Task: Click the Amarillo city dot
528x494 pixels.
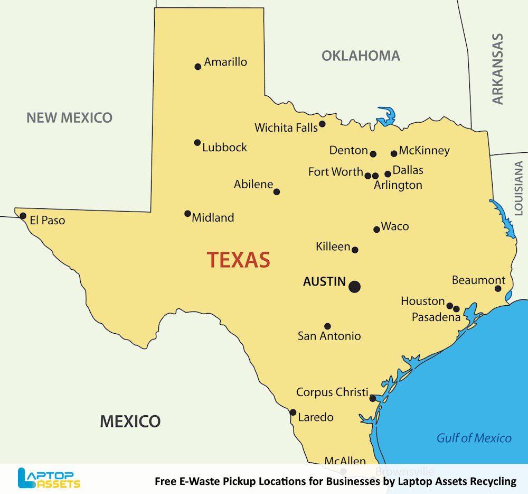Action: click(198, 67)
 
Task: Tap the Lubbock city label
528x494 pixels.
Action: click(224, 148)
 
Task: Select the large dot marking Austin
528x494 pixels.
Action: click(354, 287)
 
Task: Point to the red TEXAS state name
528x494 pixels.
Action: click(238, 260)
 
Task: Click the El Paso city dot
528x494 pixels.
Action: click(23, 216)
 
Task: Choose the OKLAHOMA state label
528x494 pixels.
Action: click(361, 56)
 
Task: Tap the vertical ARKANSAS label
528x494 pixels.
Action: click(497, 69)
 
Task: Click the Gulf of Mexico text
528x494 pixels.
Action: click(474, 438)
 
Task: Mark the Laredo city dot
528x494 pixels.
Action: click(293, 413)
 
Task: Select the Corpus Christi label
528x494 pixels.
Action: click(332, 392)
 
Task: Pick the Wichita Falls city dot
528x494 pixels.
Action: click(322, 124)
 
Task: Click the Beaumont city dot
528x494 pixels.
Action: click(498, 288)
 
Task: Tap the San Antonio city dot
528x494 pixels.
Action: click(327, 326)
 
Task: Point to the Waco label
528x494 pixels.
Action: click(395, 226)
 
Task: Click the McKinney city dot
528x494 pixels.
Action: click(394, 154)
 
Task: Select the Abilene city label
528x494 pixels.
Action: click(253, 185)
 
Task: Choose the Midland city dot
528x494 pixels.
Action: click(187, 214)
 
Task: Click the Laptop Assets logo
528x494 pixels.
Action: click(49, 478)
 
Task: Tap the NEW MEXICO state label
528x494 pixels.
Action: click(70, 117)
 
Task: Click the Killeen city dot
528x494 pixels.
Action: click(355, 250)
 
